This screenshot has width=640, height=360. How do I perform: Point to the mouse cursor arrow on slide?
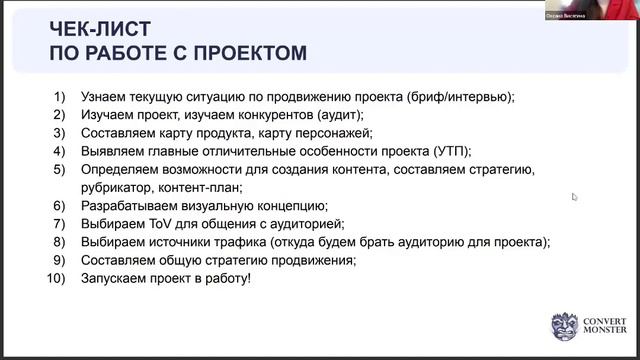pos(575,197)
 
